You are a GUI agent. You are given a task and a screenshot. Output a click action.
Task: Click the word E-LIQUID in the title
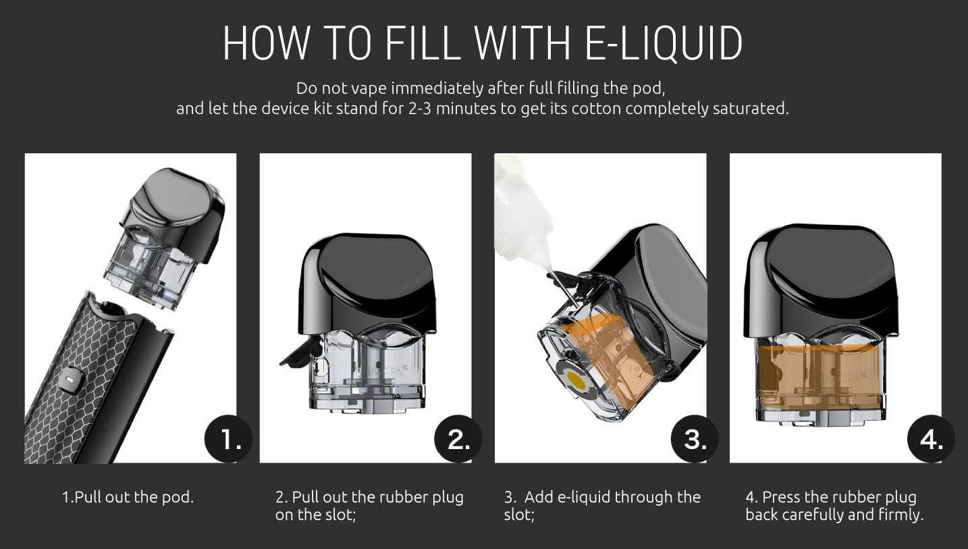[x=664, y=43]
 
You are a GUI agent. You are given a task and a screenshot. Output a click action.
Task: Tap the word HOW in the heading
[x=267, y=43]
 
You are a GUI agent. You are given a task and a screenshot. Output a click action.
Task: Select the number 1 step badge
[x=228, y=439]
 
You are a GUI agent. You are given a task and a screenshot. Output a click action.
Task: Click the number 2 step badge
[x=458, y=439]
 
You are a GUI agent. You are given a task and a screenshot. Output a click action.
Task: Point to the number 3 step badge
[x=695, y=439]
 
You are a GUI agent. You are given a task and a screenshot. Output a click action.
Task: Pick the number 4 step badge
[x=932, y=439]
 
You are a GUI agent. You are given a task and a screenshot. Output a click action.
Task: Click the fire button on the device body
[x=70, y=379]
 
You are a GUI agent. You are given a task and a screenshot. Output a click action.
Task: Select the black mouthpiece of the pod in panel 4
[x=820, y=281]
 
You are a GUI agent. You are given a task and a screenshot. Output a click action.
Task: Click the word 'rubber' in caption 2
[x=401, y=497]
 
